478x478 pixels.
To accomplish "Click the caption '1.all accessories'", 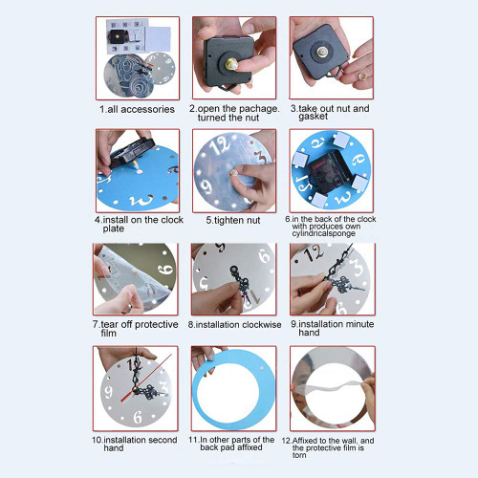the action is (137, 109).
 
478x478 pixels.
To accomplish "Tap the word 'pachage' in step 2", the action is (259, 109).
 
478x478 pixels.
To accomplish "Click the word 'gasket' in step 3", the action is (313, 117).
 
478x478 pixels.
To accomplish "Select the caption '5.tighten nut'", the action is (233, 220).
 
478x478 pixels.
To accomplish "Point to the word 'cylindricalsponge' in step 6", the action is (323, 233).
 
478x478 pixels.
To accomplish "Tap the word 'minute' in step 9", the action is (355, 324).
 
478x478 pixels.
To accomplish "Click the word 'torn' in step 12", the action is (299, 455).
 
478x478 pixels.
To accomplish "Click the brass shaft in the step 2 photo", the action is (231, 64).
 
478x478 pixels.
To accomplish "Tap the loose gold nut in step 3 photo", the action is (362, 76).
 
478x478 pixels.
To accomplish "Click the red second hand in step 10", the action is (147, 378).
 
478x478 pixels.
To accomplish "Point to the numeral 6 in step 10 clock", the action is (138, 417).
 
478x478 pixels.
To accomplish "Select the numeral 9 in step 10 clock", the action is (109, 392).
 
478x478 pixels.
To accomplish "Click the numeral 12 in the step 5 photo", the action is (220, 145).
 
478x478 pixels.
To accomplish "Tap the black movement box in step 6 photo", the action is (331, 173).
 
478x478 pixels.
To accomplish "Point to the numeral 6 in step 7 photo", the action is (165, 271).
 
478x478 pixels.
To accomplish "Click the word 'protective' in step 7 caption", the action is (156, 324).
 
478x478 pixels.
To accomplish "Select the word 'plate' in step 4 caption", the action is (114, 228).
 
